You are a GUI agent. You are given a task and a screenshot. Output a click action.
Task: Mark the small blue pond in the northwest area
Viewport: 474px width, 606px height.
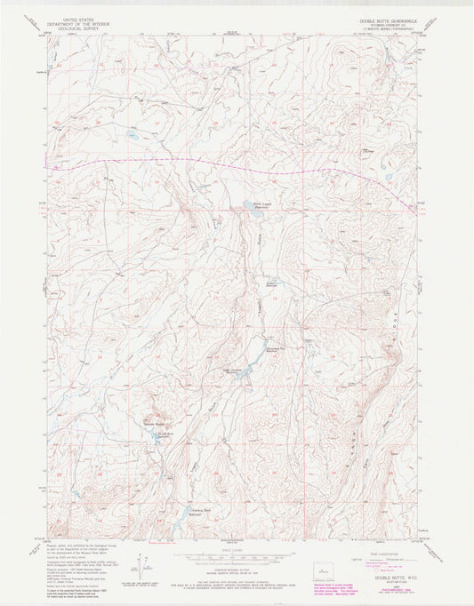[x=131, y=137]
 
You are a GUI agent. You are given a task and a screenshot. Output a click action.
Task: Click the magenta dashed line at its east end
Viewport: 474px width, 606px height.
[x=412, y=207]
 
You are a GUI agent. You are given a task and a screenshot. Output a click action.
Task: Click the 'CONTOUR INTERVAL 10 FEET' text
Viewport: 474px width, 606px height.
[x=237, y=570]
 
